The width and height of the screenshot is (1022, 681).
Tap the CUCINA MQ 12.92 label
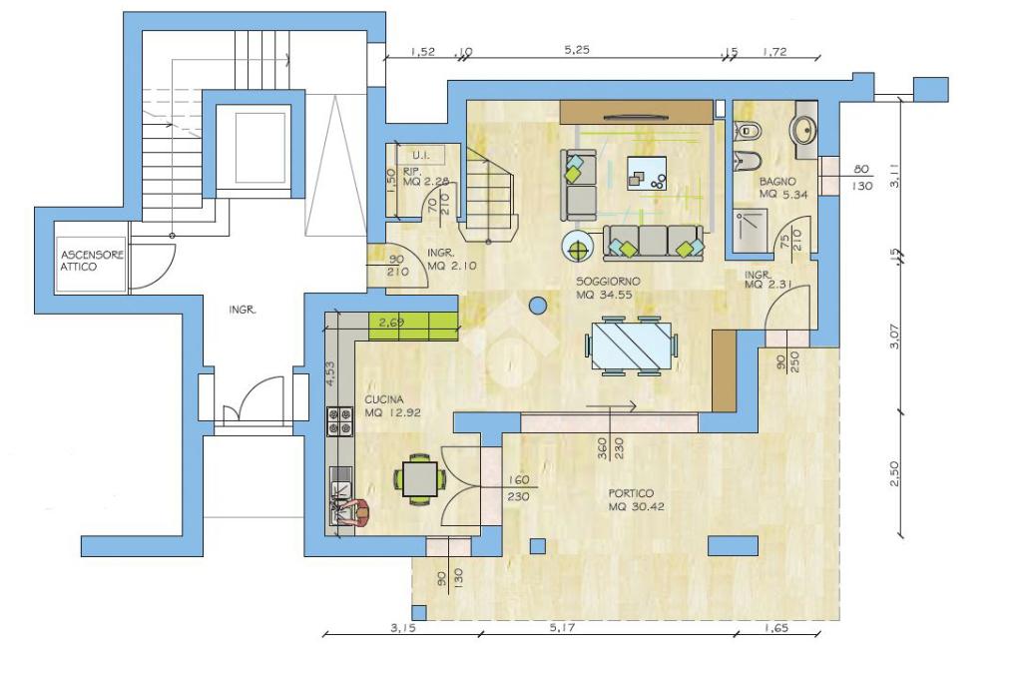click(392, 405)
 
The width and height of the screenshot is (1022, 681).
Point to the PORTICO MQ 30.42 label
click(636, 499)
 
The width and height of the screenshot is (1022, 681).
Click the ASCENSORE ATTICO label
click(92, 261)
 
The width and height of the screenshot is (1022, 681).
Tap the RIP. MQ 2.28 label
click(425, 177)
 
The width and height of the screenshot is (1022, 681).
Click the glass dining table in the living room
click(631, 345)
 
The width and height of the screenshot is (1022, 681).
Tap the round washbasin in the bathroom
click(803, 130)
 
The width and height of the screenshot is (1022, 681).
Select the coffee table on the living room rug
click(647, 173)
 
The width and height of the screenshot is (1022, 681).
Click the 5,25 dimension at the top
click(577, 50)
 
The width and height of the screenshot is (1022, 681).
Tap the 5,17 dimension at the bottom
click(562, 627)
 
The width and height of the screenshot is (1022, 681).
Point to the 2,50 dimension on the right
click(894, 473)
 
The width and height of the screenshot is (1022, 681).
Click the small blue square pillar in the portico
click(538, 545)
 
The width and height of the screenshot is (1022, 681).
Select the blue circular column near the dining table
click(538, 304)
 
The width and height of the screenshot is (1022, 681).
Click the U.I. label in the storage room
click(420, 155)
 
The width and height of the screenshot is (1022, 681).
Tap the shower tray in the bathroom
click(751, 231)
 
